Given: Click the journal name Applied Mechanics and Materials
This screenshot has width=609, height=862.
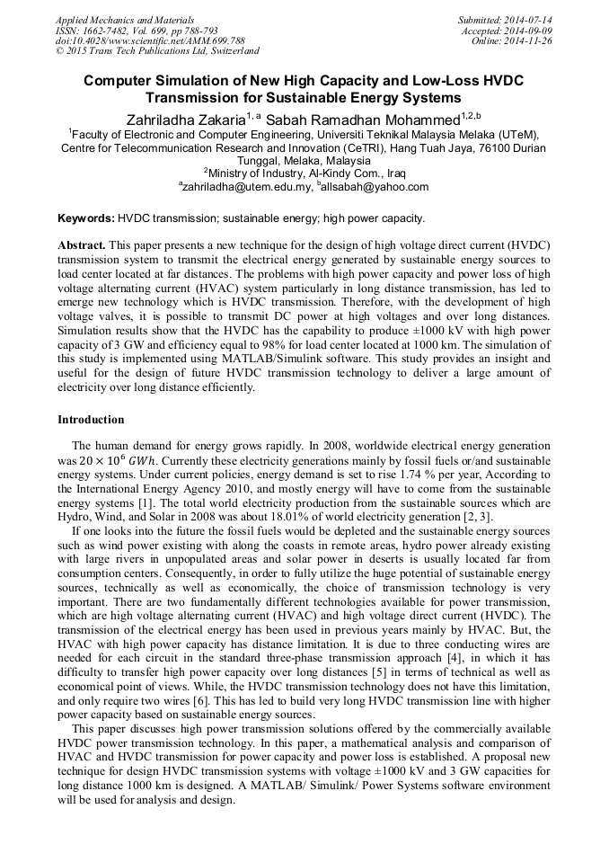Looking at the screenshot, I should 125,19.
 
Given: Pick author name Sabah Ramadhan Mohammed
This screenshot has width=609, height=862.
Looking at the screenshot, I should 381,117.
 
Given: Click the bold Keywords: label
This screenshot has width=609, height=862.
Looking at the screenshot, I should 86,218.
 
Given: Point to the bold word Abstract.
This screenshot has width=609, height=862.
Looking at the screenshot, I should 82,245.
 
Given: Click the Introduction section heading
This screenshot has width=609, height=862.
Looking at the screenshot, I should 91,420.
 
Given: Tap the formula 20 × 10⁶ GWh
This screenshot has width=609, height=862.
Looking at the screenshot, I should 112,460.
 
